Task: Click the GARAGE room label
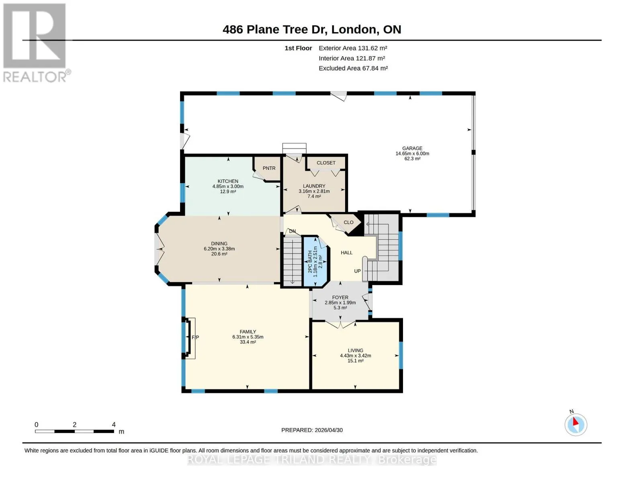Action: point(412,148)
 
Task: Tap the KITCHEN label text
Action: point(228,181)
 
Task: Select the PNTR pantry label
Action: point(269,168)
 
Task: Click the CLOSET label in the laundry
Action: point(326,163)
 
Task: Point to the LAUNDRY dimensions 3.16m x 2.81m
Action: point(314,191)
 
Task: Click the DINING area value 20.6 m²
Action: point(219,254)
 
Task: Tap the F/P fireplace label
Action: point(195,337)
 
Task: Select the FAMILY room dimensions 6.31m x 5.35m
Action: point(248,337)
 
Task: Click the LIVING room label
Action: point(356,350)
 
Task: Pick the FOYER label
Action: point(340,297)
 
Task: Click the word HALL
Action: point(347,253)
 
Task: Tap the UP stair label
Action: point(357,271)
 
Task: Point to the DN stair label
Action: point(293,231)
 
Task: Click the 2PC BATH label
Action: point(310,262)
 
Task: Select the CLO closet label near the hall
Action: point(349,222)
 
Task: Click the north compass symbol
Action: point(576,425)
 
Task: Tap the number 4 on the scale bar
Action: point(114,425)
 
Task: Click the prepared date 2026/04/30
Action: point(329,430)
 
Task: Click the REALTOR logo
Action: point(36,43)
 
